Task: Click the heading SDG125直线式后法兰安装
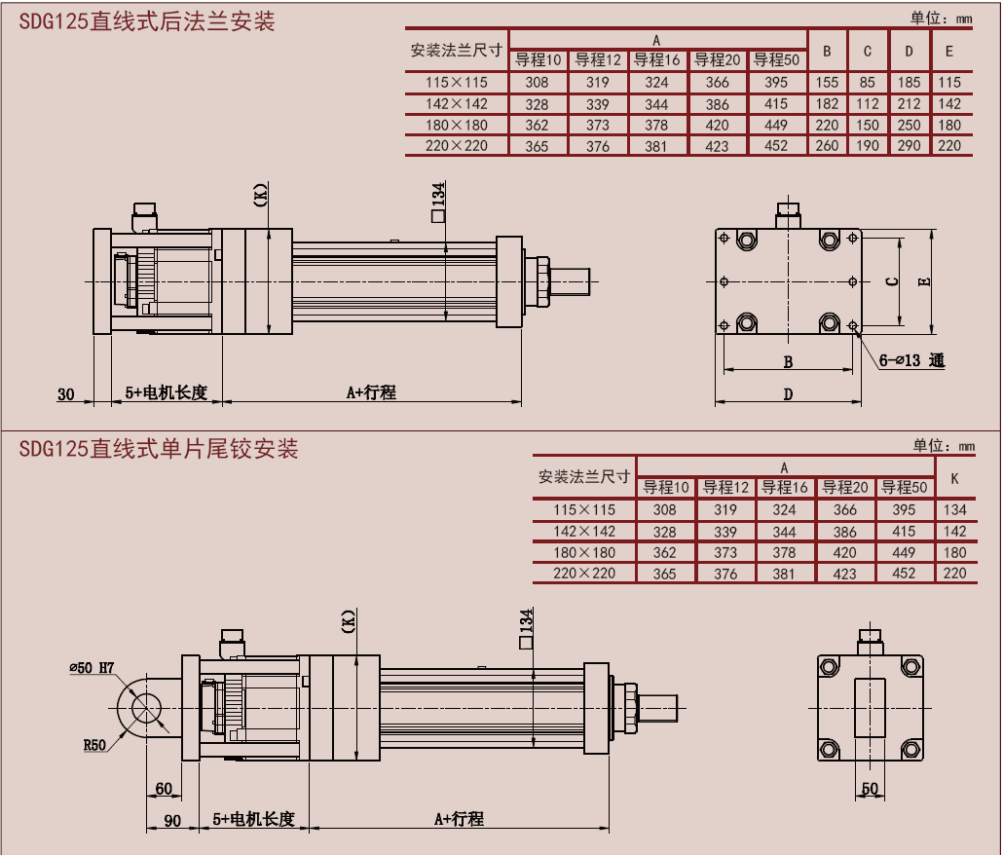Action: point(147,20)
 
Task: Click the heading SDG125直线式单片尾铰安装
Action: point(158,449)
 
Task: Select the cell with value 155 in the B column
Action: point(827,83)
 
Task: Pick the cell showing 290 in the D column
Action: point(910,146)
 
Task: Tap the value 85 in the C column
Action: point(868,83)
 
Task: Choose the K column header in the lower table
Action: point(954,478)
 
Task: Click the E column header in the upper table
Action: point(949,51)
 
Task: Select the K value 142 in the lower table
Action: point(954,532)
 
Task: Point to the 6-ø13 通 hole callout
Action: point(911,360)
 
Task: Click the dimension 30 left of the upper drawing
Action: point(65,393)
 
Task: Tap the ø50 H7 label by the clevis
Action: point(92,668)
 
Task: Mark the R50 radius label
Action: point(94,745)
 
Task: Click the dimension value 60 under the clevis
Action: point(163,789)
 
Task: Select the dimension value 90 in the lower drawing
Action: point(171,820)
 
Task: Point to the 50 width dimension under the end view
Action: point(870,789)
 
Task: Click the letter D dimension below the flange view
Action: point(788,393)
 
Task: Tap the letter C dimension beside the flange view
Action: point(890,281)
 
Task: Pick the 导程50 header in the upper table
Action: point(776,60)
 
